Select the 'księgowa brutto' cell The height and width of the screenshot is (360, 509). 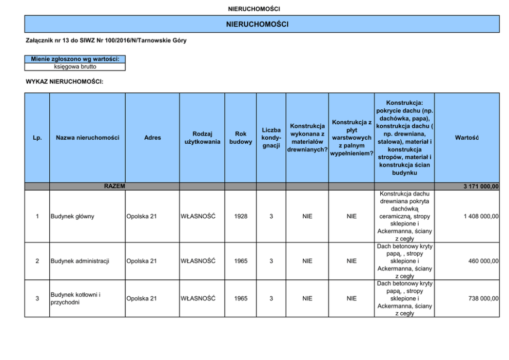pos(75,67)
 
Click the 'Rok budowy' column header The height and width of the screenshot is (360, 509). pos(241,138)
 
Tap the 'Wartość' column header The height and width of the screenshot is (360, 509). pos(466,138)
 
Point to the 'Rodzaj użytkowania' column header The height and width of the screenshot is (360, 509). pos(202,138)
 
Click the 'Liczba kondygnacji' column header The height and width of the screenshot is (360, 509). pos(271,138)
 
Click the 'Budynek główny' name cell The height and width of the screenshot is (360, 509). pos(72,216)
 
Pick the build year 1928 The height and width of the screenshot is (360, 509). pos(241,216)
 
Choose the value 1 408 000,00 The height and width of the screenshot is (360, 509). pos(481,216)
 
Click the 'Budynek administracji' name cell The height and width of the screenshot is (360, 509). pos(80,261)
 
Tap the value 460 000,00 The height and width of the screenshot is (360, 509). pos(483,261)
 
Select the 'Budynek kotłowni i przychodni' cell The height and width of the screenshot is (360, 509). pos(75,298)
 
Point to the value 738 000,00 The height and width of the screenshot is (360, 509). pos(483,298)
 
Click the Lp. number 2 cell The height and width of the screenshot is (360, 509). pos(37,261)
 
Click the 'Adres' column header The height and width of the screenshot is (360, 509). pos(152,138)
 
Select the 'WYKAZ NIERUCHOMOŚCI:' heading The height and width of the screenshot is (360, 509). pos(65,81)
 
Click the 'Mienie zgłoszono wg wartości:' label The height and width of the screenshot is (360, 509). pos(75,59)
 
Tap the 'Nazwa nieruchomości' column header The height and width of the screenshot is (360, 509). pos(87,138)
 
